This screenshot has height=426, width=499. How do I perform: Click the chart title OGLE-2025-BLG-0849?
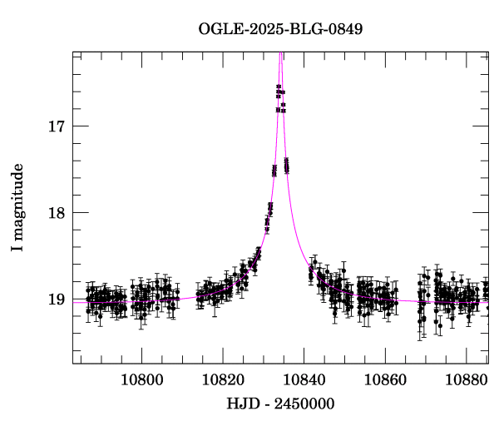point(280,29)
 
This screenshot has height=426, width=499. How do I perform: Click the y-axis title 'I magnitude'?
point(17,208)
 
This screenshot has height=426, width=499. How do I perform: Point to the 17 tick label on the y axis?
point(57,126)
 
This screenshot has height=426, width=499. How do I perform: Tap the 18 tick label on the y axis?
point(57,212)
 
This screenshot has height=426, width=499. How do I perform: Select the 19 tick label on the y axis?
point(57,299)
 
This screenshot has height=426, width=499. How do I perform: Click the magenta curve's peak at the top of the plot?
point(281,54)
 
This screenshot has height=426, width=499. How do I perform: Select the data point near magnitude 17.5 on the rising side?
point(274,171)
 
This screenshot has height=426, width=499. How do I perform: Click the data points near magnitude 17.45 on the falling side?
point(286,166)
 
